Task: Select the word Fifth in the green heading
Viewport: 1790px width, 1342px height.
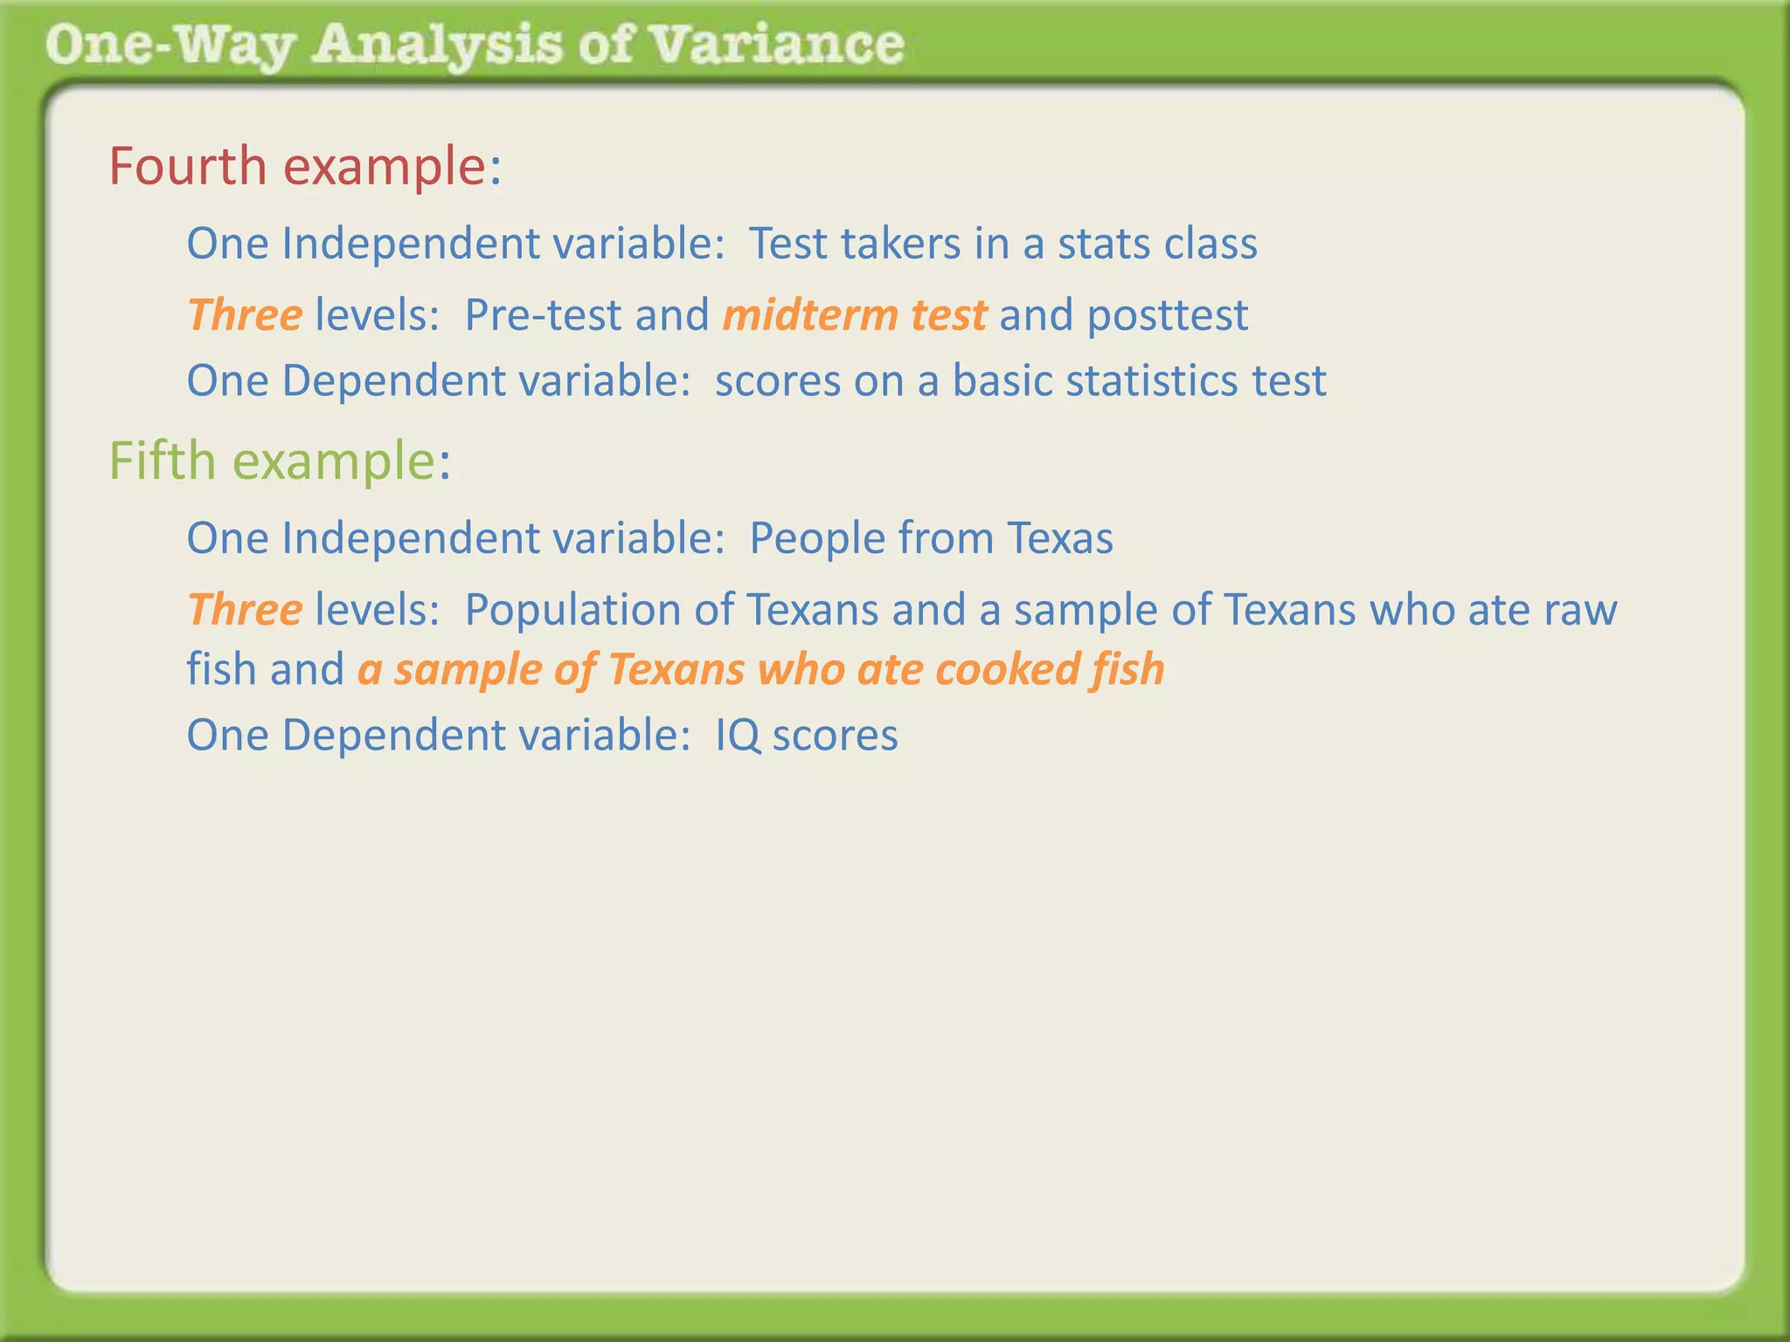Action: (163, 460)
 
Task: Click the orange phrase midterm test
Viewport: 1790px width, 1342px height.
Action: (855, 315)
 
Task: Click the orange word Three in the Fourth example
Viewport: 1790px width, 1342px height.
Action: (245, 315)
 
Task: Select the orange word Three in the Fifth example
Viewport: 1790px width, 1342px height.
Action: (245, 609)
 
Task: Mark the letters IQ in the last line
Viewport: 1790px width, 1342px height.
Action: (737, 736)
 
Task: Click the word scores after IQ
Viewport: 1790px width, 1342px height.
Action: (835, 736)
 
